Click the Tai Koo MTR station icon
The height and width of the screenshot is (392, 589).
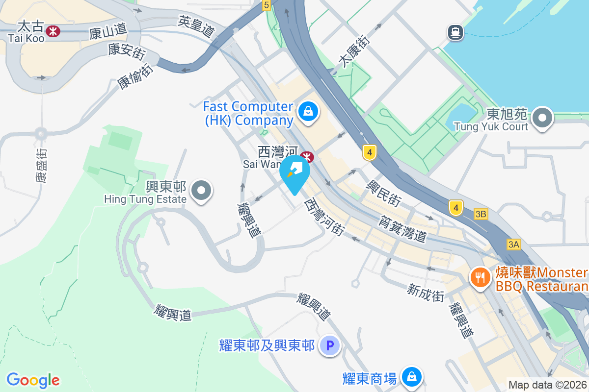pyautogui.click(x=53, y=32)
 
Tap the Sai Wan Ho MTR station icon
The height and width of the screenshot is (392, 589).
pyautogui.click(x=308, y=157)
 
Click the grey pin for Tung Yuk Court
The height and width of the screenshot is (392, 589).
pyautogui.click(x=542, y=118)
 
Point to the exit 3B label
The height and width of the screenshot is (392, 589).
pyautogui.click(x=481, y=214)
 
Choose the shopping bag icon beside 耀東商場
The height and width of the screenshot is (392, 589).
pyautogui.click(x=412, y=377)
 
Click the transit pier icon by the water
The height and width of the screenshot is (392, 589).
pyautogui.click(x=455, y=33)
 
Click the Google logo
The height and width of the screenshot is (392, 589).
pyautogui.click(x=33, y=380)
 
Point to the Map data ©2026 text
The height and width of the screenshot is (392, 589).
pyautogui.click(x=548, y=385)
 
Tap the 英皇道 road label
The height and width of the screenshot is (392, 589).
pyautogui.click(x=197, y=27)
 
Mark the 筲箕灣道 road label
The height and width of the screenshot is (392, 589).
pyautogui.click(x=402, y=229)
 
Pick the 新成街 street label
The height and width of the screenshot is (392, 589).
pyautogui.click(x=426, y=293)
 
